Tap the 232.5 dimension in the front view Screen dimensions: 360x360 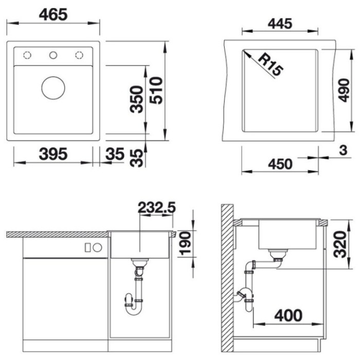(x=157, y=207)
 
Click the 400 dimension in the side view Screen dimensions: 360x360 (x=287, y=315)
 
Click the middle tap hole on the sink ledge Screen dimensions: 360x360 (x=53, y=55)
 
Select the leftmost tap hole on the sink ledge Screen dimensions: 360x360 (x=27, y=55)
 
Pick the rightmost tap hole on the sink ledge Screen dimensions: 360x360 (x=79, y=55)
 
